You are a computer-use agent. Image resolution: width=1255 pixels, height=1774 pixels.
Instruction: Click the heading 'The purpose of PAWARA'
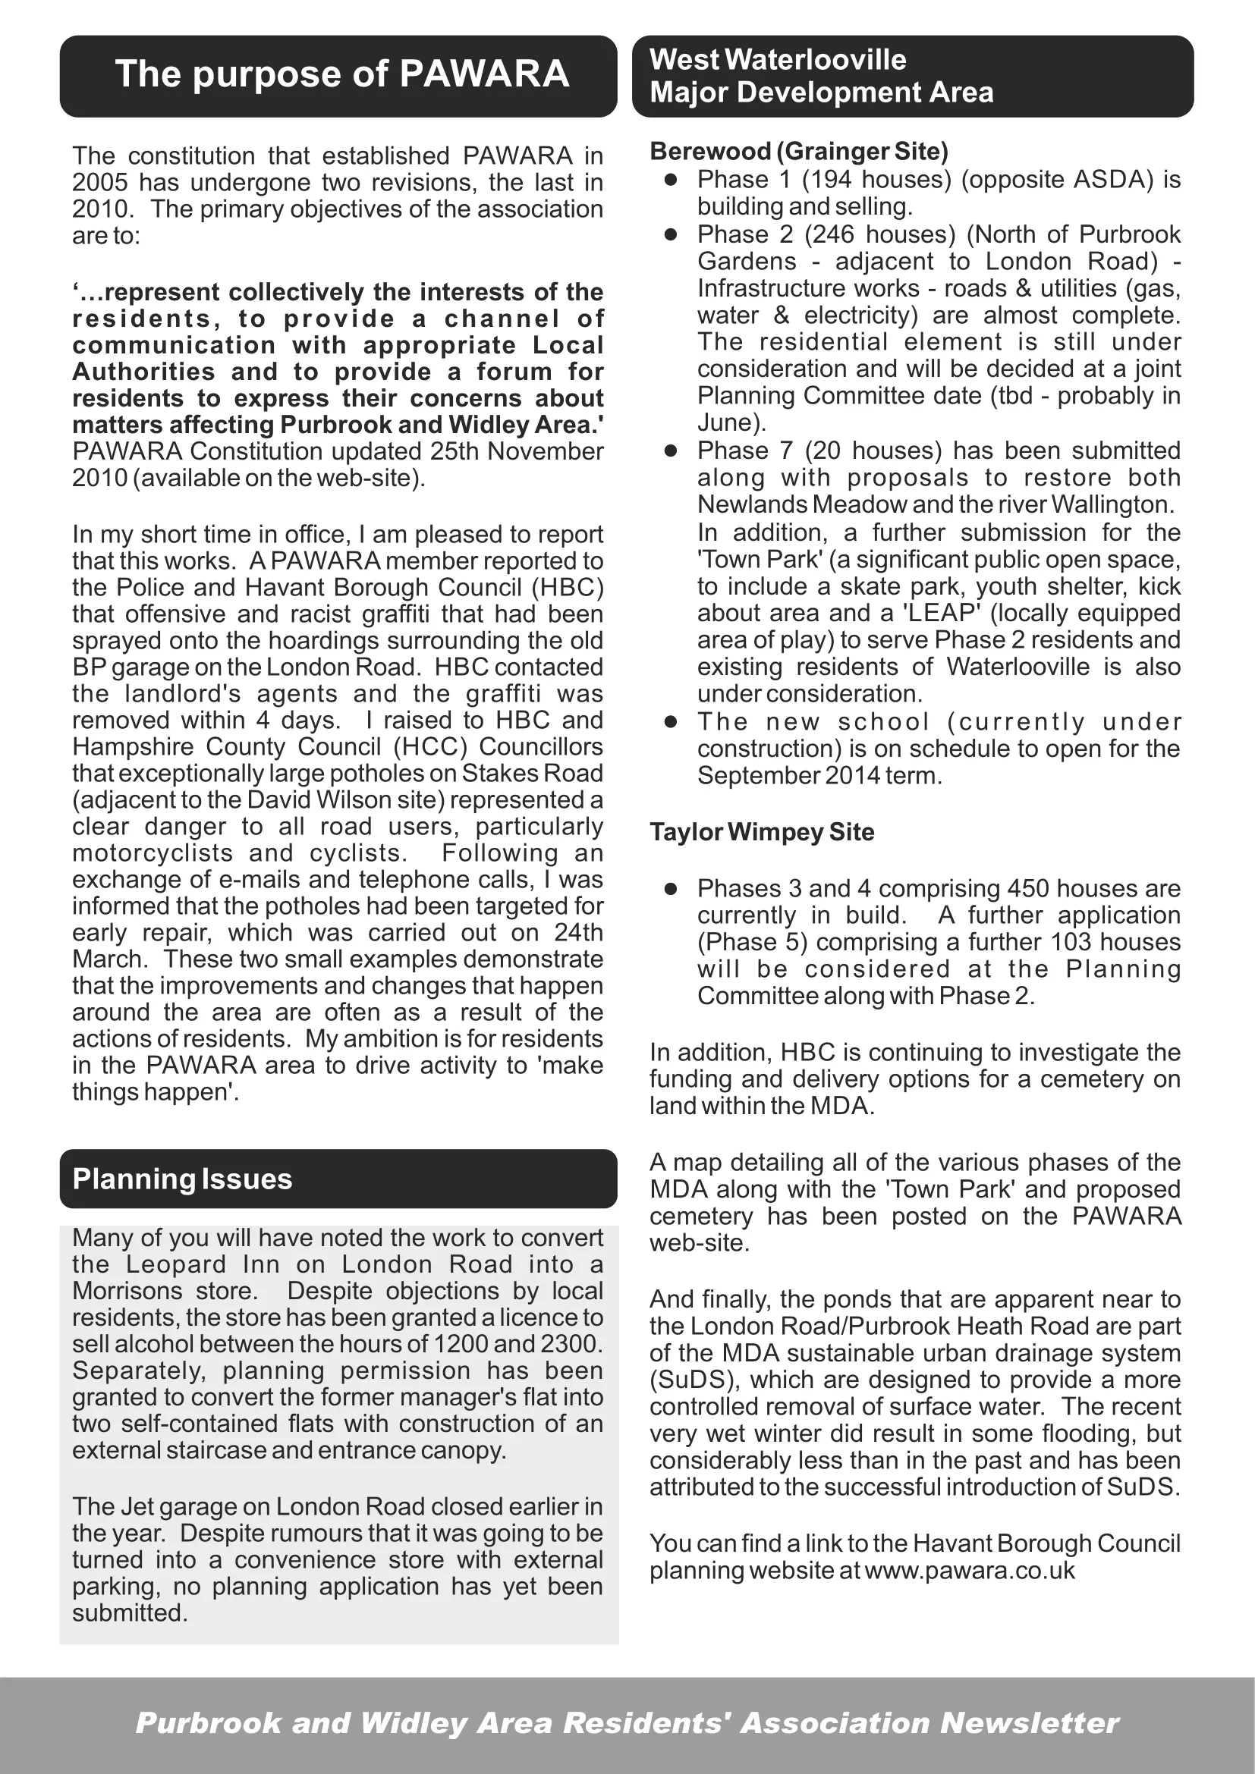tap(341, 74)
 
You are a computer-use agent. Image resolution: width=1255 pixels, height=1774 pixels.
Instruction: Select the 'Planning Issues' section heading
tap(182, 1179)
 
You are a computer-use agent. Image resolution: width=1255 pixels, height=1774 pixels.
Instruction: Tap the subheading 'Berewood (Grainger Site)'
tap(799, 151)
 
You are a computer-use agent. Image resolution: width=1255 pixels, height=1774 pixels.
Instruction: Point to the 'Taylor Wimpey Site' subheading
tap(762, 832)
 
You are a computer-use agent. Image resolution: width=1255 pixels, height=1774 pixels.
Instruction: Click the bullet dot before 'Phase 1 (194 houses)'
tap(671, 179)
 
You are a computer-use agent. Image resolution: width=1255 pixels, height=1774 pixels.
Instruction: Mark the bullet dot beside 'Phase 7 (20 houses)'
tap(671, 451)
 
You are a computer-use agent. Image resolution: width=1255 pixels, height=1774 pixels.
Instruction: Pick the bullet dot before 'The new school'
tap(671, 721)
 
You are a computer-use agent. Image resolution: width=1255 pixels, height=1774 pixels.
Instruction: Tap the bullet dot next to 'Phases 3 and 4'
tap(671, 889)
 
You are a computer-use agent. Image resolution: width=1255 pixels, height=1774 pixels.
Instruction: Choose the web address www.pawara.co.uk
tap(970, 1571)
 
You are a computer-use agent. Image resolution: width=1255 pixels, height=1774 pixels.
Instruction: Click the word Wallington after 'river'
tap(1113, 504)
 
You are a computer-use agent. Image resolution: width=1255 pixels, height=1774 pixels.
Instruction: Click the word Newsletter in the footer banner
tap(1030, 1724)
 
